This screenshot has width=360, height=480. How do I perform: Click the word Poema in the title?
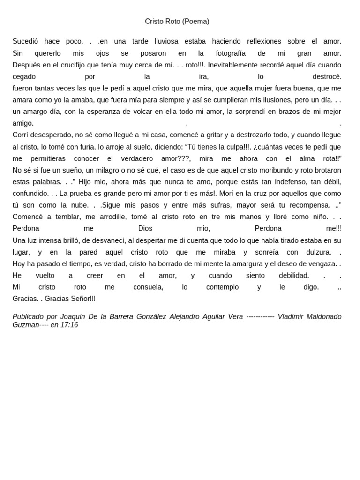(x=195, y=22)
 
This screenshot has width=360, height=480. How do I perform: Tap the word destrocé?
(x=327, y=76)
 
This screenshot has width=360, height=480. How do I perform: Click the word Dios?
(x=145, y=228)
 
